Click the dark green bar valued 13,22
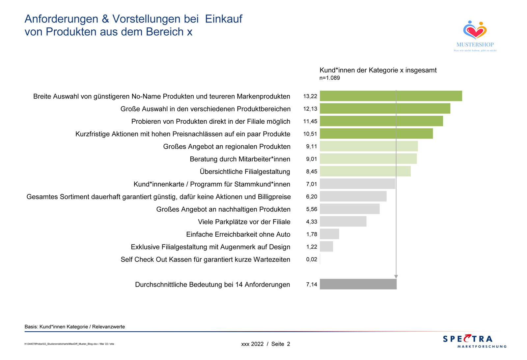[391, 96]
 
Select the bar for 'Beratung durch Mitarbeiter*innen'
[368, 159]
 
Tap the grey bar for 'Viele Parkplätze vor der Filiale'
[343, 222]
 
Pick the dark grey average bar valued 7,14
[358, 284]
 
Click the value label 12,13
[310, 109]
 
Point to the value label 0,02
[311, 259]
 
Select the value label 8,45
[311, 171]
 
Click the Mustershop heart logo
[475, 30]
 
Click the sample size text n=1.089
[330, 78]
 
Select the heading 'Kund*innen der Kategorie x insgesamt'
[378, 70]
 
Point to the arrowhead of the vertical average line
[396, 277]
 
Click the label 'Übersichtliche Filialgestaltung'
[245, 171]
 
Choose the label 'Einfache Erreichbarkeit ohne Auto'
[238, 234]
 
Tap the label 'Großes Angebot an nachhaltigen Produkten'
[223, 209]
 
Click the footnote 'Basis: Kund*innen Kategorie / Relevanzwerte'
[75, 327]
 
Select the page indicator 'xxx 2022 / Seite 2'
[265, 344]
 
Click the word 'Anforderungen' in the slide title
[61, 19]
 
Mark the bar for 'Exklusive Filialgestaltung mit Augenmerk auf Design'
[326, 247]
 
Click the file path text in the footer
[69, 344]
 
